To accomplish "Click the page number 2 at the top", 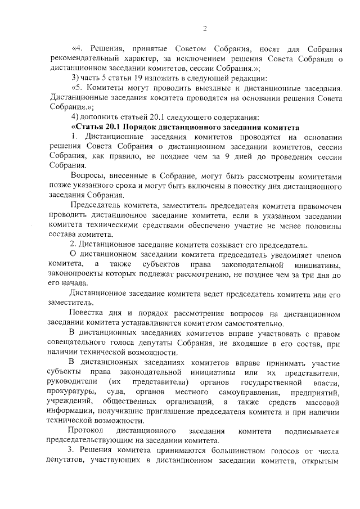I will click(x=205, y=29).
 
